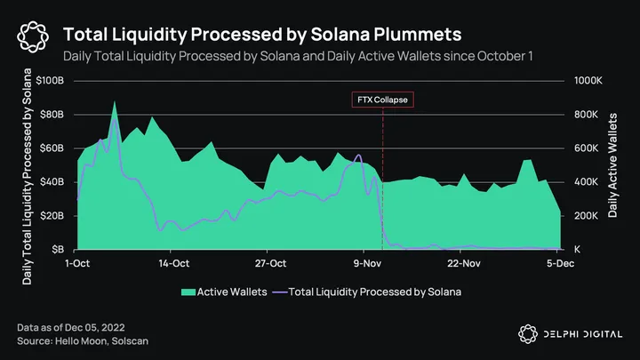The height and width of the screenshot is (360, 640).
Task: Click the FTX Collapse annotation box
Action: coord(382,100)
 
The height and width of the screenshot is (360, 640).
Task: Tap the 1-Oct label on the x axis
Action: coord(78,263)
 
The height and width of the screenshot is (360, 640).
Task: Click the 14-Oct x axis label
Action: coord(174,263)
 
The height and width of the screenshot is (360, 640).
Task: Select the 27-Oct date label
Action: coord(270,263)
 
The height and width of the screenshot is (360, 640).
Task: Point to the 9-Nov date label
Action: coord(367,263)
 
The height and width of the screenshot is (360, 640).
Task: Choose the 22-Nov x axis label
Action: coord(464,263)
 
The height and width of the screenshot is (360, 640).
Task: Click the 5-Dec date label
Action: coord(559,263)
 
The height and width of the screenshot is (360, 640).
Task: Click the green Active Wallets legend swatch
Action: coord(187,291)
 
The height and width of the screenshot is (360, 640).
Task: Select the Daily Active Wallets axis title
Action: coord(613,165)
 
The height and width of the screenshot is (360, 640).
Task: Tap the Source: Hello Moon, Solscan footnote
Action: coord(76,341)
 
